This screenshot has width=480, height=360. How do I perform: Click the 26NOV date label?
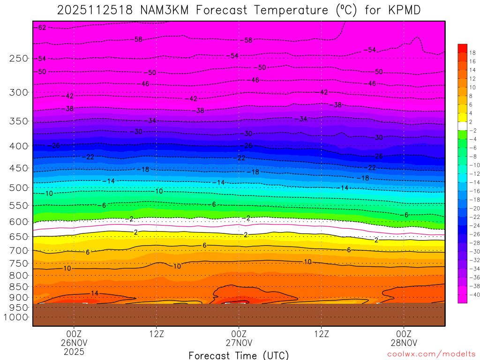[74, 342]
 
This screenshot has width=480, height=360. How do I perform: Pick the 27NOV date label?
[239, 342]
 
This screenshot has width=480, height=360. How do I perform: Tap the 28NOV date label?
[404, 342]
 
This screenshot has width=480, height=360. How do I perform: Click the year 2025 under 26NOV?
[74, 351]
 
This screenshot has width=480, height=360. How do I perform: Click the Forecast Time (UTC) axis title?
[239, 355]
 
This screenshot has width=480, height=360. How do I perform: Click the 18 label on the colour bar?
[472, 52]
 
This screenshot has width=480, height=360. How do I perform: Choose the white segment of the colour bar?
[462, 126]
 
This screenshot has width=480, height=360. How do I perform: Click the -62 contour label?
[41, 28]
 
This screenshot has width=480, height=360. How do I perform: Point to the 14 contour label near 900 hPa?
[95, 293]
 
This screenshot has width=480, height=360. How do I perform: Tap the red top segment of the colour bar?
[462, 48]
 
